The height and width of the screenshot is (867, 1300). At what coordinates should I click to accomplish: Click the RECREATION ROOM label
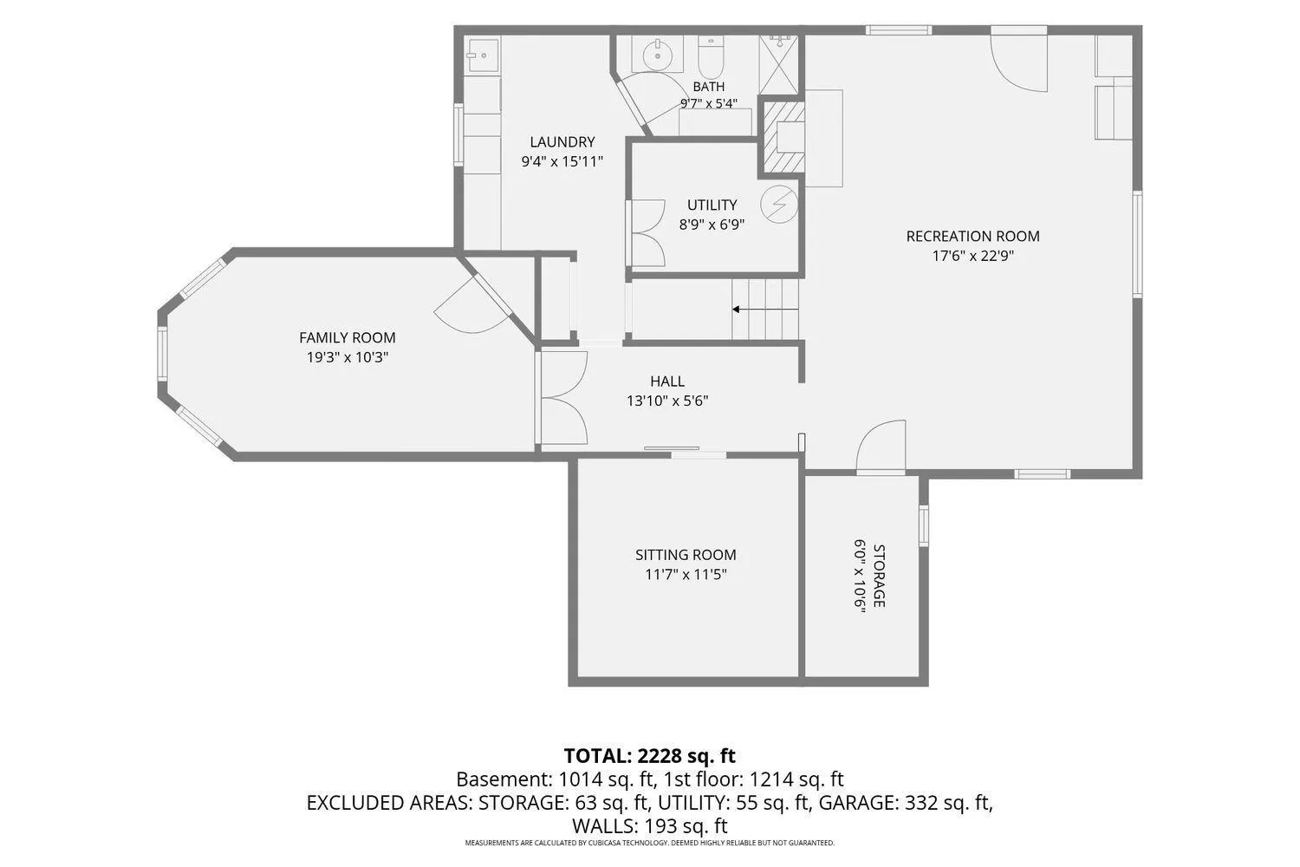coord(972,237)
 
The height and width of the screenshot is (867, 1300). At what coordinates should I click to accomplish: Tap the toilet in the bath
coord(711,57)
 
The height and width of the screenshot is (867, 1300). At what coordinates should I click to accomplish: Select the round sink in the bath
coord(658,55)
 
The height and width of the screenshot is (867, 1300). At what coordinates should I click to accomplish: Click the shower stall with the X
coord(779,64)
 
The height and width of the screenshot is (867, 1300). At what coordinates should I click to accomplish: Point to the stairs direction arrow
coord(765,310)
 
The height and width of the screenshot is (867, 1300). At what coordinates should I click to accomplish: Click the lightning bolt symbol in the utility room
coord(779,205)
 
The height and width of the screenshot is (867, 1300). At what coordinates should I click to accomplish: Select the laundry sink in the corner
coord(483,55)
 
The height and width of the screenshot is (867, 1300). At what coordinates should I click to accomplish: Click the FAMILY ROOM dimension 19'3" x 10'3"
coord(347,357)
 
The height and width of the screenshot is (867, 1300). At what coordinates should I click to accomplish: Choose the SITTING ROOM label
coord(686,555)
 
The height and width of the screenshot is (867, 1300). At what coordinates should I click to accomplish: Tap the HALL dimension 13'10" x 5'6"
coord(667,401)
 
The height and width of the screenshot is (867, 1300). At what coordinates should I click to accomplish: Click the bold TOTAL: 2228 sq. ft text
coord(649,755)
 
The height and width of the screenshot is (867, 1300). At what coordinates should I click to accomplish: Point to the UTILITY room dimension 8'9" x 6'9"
coord(712,225)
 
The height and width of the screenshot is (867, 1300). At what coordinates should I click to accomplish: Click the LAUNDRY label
coord(562,141)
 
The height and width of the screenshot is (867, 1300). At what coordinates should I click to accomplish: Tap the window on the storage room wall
coord(923,525)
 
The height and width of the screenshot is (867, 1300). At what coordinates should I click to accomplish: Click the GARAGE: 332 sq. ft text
coord(906,803)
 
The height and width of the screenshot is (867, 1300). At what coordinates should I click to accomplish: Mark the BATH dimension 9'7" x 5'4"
coord(709,103)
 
